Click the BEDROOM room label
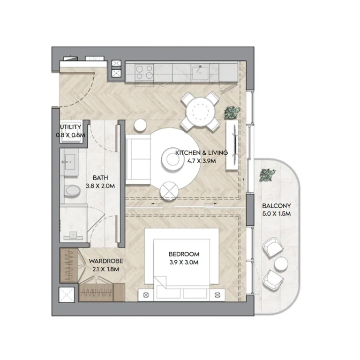click(x=184, y=254)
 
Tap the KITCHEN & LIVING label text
click(x=202, y=153)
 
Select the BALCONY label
click(x=277, y=206)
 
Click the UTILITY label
click(x=71, y=127)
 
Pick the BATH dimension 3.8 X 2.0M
click(x=100, y=186)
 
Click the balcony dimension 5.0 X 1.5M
click(x=277, y=214)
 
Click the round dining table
click(x=199, y=112)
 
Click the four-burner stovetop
click(x=144, y=72)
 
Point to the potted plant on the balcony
click(x=267, y=175)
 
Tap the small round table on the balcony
click(x=281, y=264)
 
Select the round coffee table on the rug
click(x=170, y=158)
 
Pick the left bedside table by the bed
click(x=145, y=294)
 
